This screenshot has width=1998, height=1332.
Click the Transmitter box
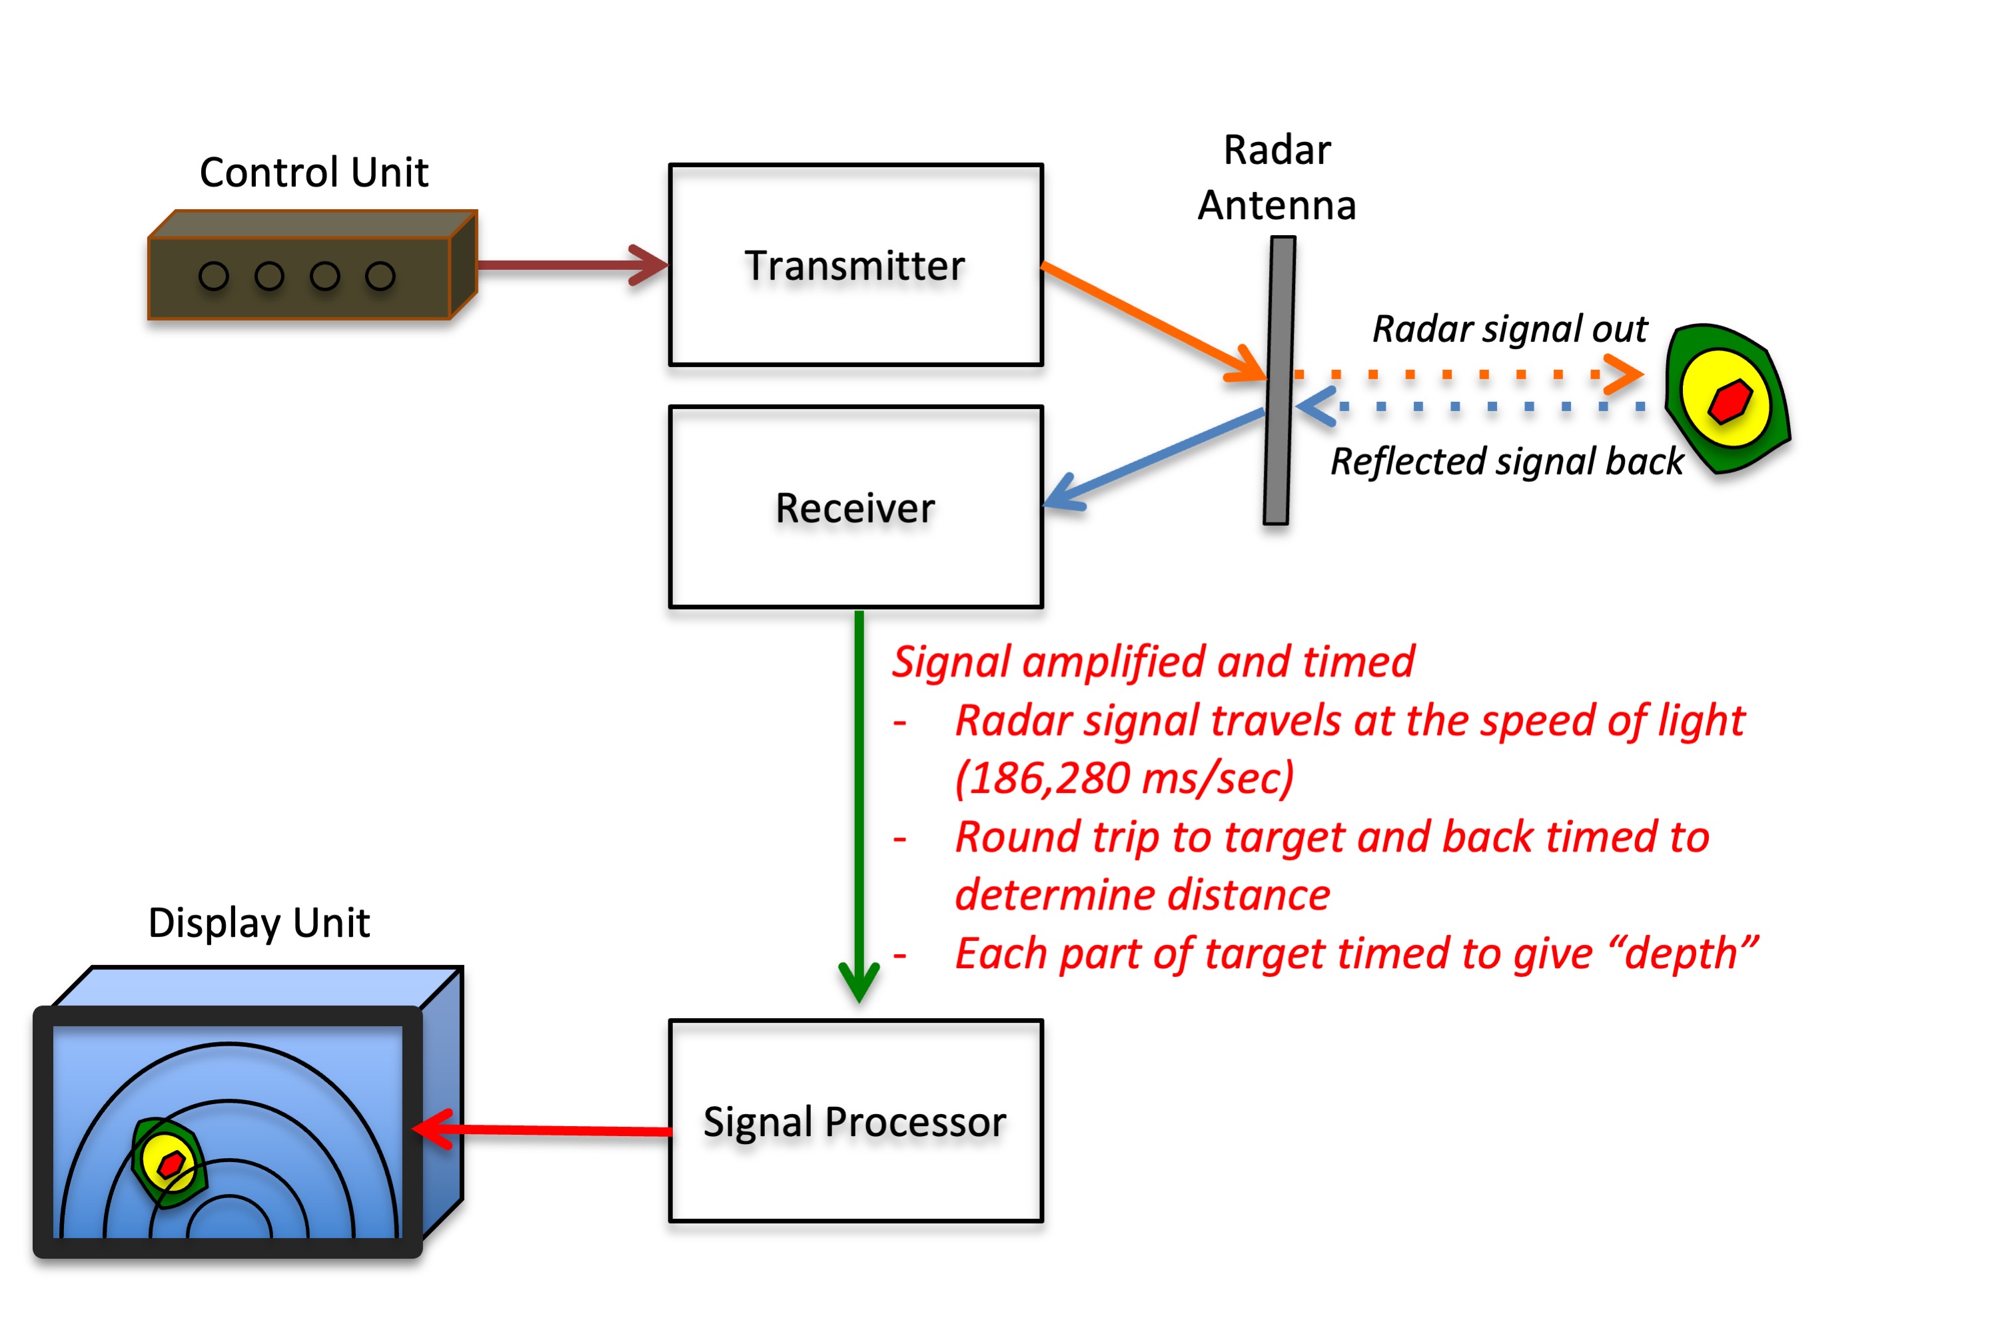click(x=855, y=265)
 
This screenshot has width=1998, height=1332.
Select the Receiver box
click(x=855, y=507)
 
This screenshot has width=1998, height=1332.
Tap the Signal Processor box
click(x=855, y=1121)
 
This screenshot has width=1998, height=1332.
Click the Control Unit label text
click(x=313, y=173)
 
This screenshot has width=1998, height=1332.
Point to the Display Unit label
click(x=259, y=923)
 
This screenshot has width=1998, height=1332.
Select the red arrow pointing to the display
click(x=544, y=1130)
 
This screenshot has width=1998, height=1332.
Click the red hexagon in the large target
click(x=1729, y=401)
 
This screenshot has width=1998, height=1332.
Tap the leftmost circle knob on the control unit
click(x=213, y=276)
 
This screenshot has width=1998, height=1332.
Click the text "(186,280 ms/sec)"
click(x=1123, y=778)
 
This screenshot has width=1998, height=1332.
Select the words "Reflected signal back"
click(x=1506, y=461)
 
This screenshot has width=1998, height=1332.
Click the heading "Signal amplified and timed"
click(x=1153, y=661)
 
